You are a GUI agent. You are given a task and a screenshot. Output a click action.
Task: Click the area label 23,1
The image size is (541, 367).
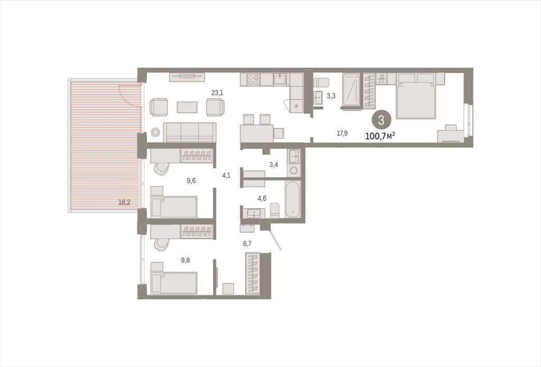pyautogui.click(x=217, y=93)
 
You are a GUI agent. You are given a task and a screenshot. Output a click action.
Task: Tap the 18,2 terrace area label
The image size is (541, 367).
pyautogui.click(x=124, y=202)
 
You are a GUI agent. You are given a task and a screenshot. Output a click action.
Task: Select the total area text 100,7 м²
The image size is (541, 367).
pyautogui.click(x=380, y=136)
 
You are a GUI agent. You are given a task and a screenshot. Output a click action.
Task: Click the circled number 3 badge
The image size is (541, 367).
pyautogui.click(x=381, y=120)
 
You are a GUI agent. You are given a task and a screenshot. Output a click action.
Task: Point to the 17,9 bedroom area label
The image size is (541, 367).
pyautogui.click(x=342, y=134)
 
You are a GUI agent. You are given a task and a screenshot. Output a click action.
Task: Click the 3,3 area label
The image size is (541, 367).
pyautogui.click(x=331, y=96)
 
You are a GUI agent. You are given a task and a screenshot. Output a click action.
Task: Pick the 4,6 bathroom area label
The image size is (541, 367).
pyautogui.click(x=262, y=199)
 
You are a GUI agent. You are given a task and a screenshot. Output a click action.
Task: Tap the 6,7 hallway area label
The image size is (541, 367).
pyautogui.click(x=247, y=243)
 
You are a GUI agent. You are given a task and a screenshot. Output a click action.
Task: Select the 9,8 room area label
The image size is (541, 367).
pyautogui.click(x=185, y=260)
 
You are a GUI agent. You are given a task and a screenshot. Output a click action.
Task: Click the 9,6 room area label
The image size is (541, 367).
pyautogui.click(x=191, y=181)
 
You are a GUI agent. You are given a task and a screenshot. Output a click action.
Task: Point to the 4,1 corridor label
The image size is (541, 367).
pyautogui.click(x=226, y=175)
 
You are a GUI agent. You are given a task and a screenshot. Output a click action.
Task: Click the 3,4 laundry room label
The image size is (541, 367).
pyautogui.click(x=274, y=165)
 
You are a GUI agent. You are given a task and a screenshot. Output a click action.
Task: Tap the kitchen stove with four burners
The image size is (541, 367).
pyautogui.click(x=254, y=80)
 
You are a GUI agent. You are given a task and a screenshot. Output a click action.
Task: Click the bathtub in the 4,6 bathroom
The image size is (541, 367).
pyautogui.click(x=293, y=199)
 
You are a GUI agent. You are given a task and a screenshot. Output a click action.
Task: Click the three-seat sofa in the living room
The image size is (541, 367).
pyautogui.click(x=190, y=132)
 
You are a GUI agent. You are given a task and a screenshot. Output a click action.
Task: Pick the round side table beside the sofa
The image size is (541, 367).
pyautogui.click(x=155, y=132)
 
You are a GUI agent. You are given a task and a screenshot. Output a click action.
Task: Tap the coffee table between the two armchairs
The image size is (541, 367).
pyautogui.click(x=187, y=107)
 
